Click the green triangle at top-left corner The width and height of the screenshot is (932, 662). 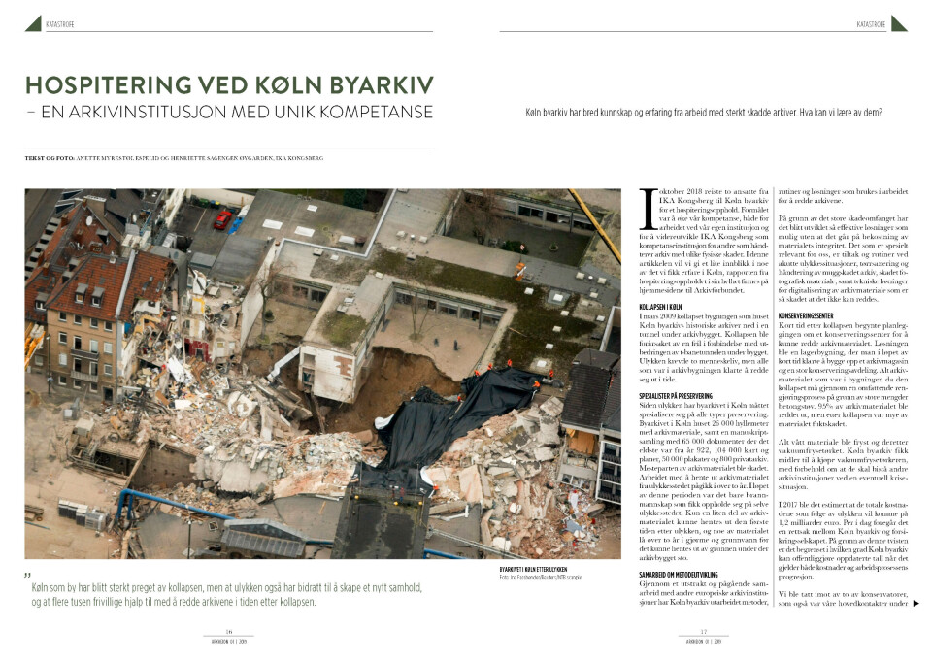click(x=33, y=22)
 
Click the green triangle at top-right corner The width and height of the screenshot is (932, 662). click(x=898, y=22)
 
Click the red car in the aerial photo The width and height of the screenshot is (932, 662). click(x=222, y=218)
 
